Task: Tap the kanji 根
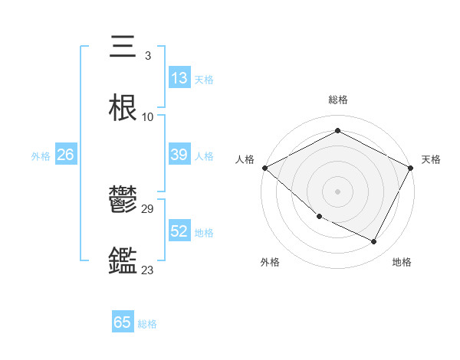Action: coord(123,109)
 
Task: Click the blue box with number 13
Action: coord(179,78)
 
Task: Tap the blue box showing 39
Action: coord(179,155)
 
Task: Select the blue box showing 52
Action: coord(179,231)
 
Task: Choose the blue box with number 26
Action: coord(65,155)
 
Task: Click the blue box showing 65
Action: coord(123,322)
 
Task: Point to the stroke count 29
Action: coord(148,208)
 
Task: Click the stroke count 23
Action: coord(148,270)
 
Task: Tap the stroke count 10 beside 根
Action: coord(148,117)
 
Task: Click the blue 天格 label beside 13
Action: coord(204,79)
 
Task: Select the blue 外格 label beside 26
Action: coord(41,155)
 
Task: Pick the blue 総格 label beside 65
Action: coord(147,323)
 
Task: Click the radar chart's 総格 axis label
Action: coord(337,100)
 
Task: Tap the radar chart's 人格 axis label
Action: coord(245,159)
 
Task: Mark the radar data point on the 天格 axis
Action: coord(412,168)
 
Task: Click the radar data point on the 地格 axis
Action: coord(374,242)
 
